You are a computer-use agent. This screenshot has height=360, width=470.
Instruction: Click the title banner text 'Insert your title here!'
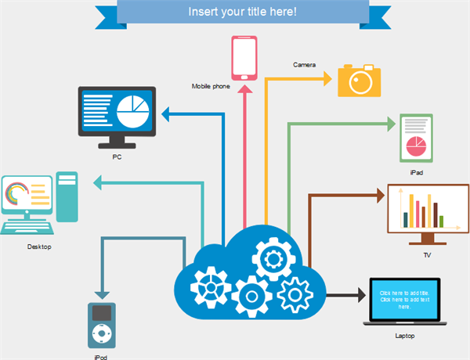(243, 13)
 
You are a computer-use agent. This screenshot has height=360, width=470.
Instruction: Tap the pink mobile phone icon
(244, 57)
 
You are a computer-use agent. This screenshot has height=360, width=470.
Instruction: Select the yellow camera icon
(360, 81)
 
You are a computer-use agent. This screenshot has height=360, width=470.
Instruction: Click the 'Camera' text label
(304, 64)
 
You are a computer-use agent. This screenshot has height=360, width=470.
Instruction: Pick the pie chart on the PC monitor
(132, 111)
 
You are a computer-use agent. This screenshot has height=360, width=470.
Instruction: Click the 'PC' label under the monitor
(117, 157)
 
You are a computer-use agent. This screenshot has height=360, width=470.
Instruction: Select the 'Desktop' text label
(38, 247)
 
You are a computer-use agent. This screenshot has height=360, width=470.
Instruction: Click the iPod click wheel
(102, 334)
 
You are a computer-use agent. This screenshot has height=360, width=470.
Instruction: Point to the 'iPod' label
(101, 356)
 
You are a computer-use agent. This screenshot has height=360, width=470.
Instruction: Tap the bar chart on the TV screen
(424, 210)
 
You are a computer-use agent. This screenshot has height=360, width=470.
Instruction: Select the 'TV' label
(427, 255)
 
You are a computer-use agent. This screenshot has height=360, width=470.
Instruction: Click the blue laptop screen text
(404, 299)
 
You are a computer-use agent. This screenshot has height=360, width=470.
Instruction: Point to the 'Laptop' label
(405, 335)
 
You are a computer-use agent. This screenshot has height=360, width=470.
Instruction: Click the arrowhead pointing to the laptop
(360, 295)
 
